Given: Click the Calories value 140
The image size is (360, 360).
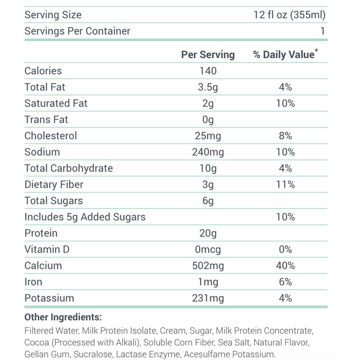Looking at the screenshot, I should coord(208,71).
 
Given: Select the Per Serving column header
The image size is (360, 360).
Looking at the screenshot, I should coord(208,54).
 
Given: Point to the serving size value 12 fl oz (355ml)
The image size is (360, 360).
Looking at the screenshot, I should coord(289,15).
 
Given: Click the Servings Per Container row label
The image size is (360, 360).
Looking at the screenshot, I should coord(77,31).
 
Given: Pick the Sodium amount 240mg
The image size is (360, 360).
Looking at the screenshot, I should coord(208,152).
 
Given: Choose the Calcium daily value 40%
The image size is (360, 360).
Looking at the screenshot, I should coord(285,265).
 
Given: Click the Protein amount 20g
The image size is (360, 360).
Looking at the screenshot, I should coord(208,233).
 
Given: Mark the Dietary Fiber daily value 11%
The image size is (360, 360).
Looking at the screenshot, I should coord(285,184).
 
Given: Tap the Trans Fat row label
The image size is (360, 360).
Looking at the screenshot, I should coord(46,119).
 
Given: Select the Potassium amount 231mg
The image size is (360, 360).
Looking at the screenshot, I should coord(208,298).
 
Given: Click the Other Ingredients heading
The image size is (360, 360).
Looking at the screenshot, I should coord(63,317).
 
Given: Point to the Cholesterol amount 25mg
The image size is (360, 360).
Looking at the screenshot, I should coord(208,135).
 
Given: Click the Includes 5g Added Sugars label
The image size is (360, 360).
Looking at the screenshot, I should coord(85,217).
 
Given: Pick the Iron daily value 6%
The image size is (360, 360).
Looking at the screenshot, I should coord(285,282).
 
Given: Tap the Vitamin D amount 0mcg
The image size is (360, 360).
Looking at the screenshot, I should coord(208,249).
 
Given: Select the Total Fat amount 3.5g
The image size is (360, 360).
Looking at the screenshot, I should coord(208,87).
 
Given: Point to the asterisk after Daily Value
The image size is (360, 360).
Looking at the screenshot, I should coord(316,51).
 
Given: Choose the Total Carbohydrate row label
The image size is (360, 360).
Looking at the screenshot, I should coord(68,168).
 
